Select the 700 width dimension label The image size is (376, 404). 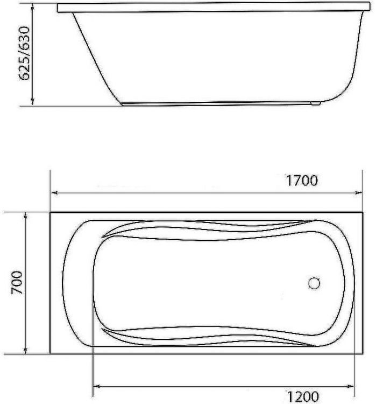pos(16,283)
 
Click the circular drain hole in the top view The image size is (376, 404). pos(315,282)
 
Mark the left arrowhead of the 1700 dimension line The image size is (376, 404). pos(53,192)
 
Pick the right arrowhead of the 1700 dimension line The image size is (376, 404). pos(360,192)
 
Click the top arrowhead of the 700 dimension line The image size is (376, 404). pos(25,215)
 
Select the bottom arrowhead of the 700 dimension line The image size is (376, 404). pos(25,351)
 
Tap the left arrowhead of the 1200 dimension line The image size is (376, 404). pos(97,386)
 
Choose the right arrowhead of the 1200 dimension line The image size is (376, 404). pos(351,386)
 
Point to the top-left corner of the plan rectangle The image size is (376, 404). pos(50,213)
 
